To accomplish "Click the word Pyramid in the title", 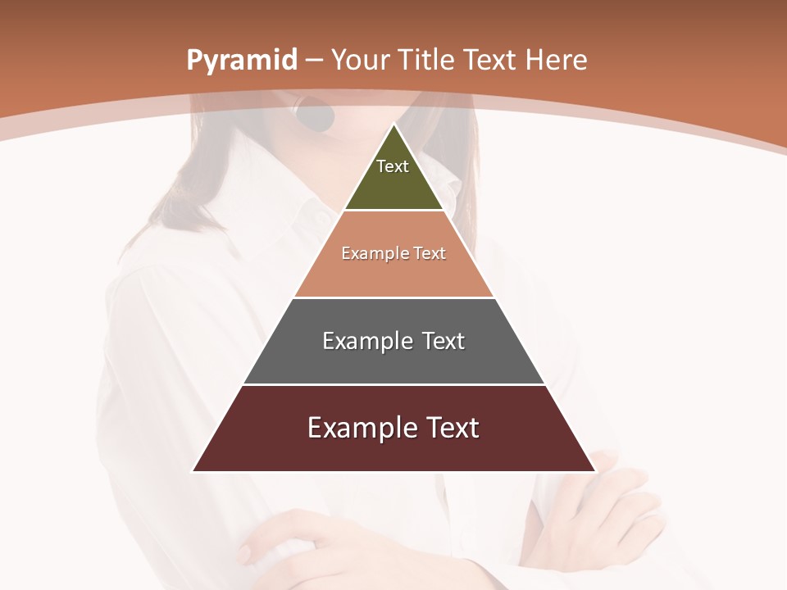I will tap(241, 61).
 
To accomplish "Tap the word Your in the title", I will tap(359, 60).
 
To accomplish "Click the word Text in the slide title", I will tap(490, 60).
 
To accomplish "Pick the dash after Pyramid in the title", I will tap(313, 61).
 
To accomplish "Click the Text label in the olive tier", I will tap(393, 166).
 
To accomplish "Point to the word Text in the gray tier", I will tap(443, 341).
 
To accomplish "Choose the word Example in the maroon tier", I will tap(362, 428).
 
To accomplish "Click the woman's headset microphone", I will tap(316, 116).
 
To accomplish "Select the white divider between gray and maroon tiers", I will tap(394, 384).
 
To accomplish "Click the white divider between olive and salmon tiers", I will tap(394, 211).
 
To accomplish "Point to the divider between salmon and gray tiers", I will tap(394, 297).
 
